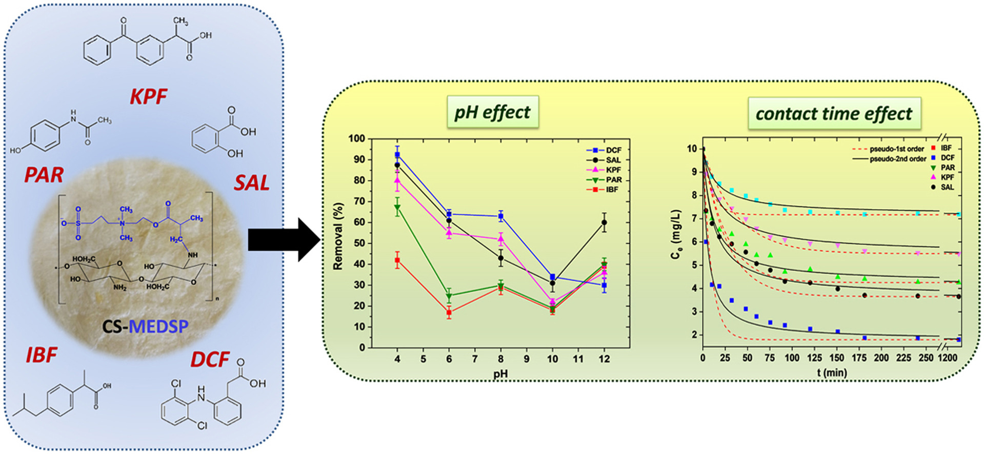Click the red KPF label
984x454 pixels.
148,96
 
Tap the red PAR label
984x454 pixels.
44,175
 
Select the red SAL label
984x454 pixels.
251,183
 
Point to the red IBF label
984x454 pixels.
42,355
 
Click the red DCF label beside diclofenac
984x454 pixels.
210,359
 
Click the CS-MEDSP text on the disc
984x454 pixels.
145,326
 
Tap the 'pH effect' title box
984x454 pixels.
492,112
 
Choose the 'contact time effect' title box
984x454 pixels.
834,113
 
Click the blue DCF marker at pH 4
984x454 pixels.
397,154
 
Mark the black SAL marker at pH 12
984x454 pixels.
604,222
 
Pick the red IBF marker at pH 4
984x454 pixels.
397,260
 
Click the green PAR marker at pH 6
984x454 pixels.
449,296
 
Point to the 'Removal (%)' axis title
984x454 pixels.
337,236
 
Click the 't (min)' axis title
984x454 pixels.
832,373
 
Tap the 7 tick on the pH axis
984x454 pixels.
475,359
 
